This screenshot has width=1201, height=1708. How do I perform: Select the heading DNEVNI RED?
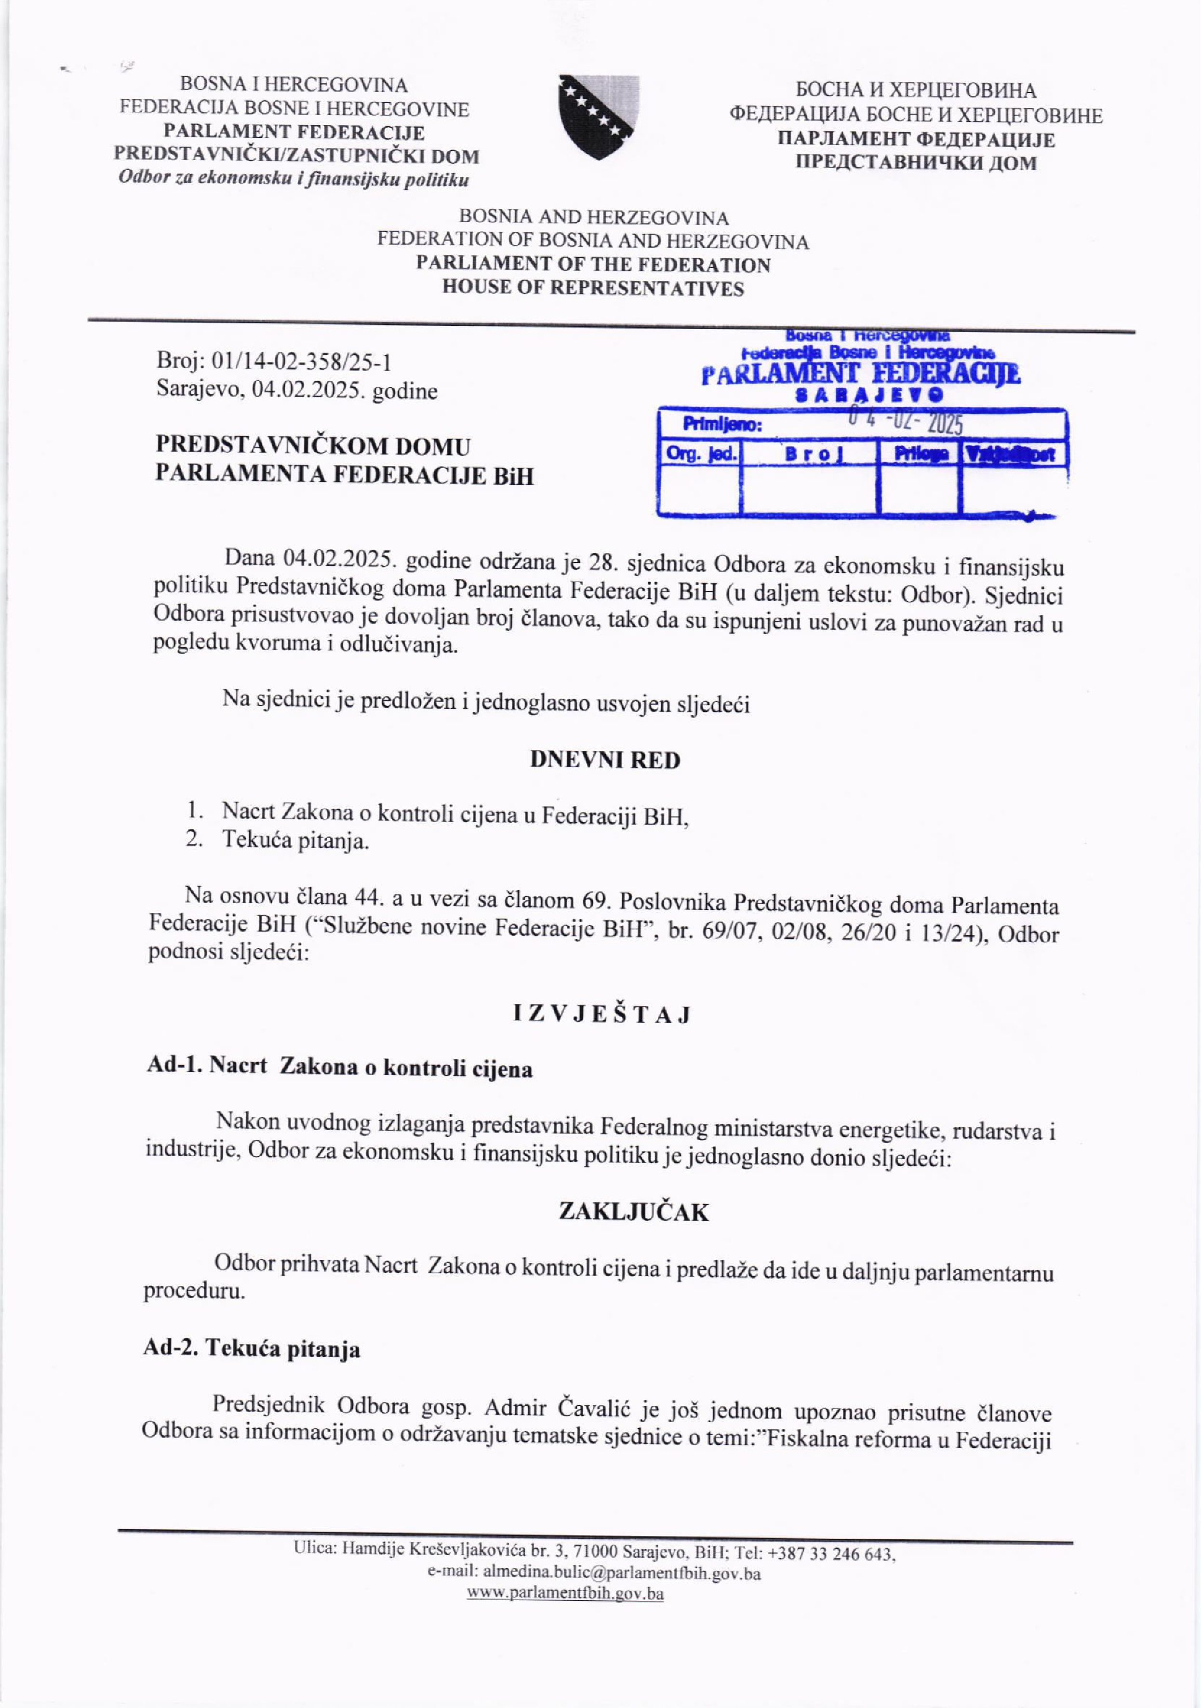click(604, 761)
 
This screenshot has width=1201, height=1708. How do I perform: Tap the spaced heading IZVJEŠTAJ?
click(602, 1014)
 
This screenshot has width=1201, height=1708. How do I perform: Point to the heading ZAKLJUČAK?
click(633, 1213)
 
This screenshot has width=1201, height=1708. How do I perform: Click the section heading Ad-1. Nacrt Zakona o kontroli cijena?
click(339, 1068)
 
